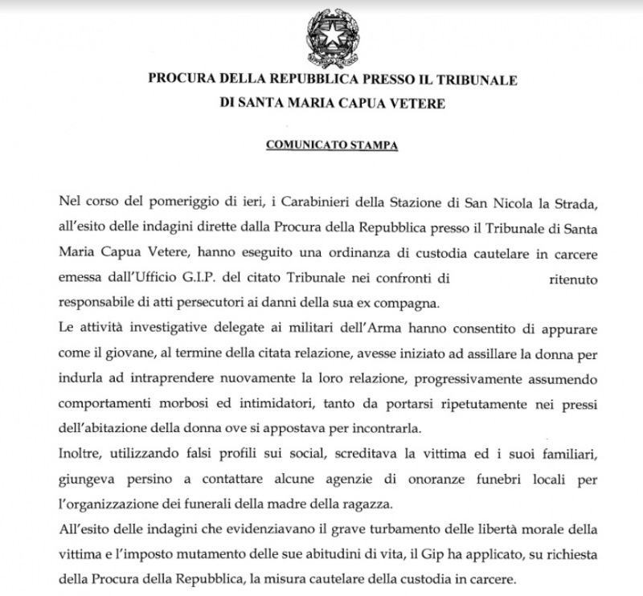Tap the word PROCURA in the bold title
pyautogui.click(x=179, y=80)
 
